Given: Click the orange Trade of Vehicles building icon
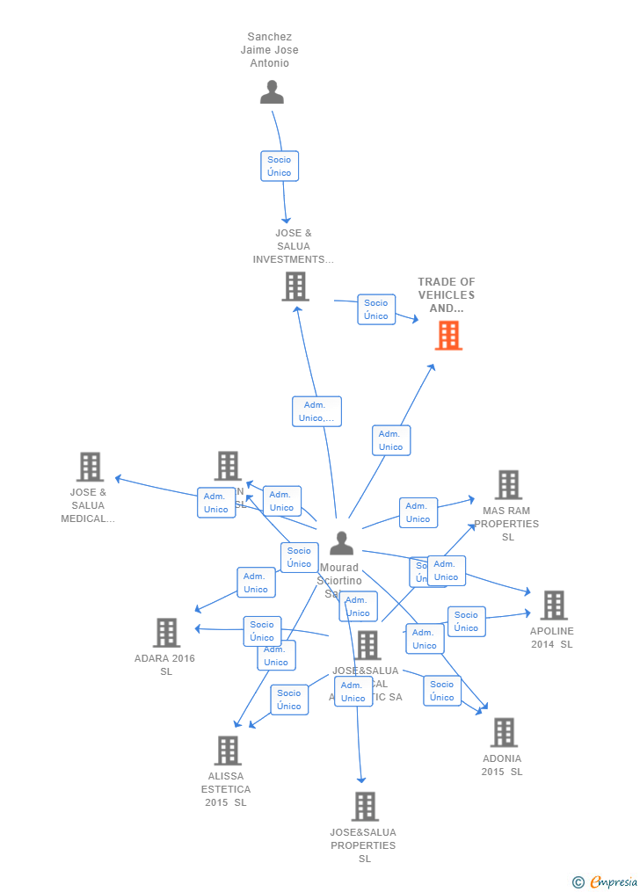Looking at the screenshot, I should point(448,335).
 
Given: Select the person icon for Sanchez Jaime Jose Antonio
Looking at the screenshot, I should point(273,92).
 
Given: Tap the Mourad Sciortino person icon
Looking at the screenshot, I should point(341,544).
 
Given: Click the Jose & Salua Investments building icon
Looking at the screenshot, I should point(295,286).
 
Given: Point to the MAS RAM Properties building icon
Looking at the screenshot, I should point(508,484).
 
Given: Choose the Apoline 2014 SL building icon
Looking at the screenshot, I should point(553,606).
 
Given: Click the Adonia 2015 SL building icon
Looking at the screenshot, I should point(504,732).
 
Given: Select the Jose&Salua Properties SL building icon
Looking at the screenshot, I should point(365,806).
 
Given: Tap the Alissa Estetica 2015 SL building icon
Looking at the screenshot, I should point(228,751).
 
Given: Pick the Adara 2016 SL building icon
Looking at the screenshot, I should point(166,633).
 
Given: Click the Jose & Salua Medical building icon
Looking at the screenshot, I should point(90,467).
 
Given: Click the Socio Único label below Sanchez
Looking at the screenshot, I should point(280,166).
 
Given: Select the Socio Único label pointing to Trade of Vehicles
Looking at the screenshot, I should point(376,309).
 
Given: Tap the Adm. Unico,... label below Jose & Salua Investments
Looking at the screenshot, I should point(316,411).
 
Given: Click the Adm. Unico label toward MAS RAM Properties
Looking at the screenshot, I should point(418,512).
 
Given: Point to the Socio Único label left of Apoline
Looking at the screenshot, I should point(467,621).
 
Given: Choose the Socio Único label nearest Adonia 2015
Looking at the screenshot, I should point(442,691).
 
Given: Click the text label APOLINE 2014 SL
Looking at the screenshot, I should point(551,637).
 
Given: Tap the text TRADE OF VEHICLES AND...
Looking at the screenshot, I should point(447,295).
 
